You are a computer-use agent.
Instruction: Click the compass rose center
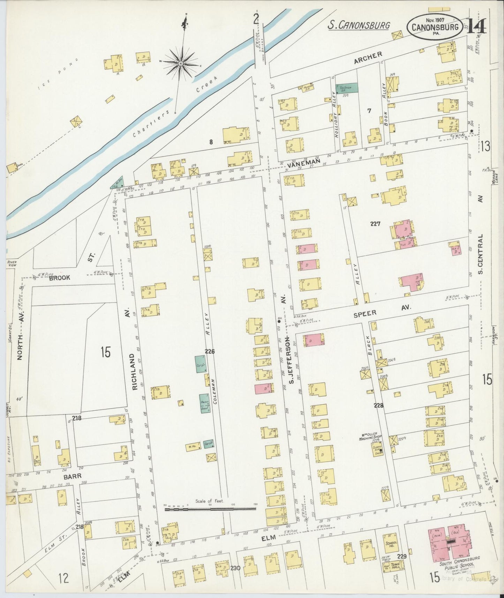(181, 63)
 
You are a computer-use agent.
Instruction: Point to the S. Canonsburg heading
(359, 25)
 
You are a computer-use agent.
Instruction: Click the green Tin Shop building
(346, 88)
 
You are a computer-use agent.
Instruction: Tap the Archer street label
(368, 58)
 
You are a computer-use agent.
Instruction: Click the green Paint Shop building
(204, 403)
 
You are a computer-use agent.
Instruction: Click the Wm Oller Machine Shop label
(370, 436)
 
